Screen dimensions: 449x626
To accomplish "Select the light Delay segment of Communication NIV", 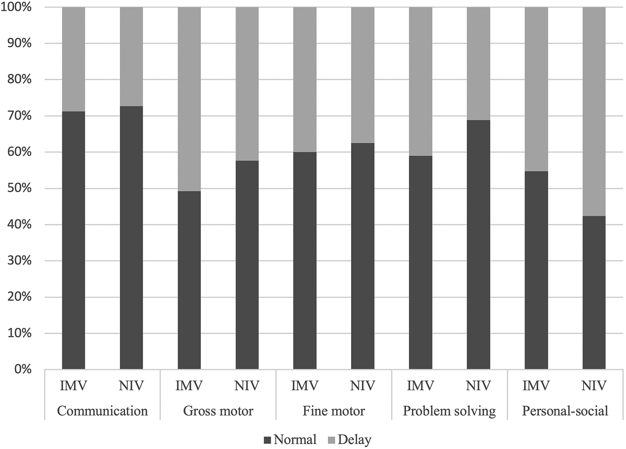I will pyautogui.click(x=131, y=57).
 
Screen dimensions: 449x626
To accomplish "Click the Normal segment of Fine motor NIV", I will pyautogui.click(x=363, y=256).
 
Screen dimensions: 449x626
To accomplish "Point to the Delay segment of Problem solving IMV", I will pyautogui.click(x=421, y=82).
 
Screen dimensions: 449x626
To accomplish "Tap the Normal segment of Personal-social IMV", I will pyautogui.click(x=536, y=270).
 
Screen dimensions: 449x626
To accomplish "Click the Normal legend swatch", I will pyautogui.click(x=267, y=440).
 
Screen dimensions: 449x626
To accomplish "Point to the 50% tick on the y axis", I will pyautogui.click(x=20, y=189).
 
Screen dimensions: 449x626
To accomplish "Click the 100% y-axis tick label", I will pyautogui.click(x=17, y=7).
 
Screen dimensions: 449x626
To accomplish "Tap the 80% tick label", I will pyautogui.click(x=20, y=79).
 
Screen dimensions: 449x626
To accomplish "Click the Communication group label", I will pyautogui.click(x=102, y=411).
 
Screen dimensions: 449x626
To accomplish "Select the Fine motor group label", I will pyautogui.click(x=334, y=411).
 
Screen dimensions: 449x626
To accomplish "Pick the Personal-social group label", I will pyautogui.click(x=565, y=411).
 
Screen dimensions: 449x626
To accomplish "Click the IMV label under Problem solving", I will pyautogui.click(x=421, y=386).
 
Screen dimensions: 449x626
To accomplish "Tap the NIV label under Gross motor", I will pyautogui.click(x=247, y=386).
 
